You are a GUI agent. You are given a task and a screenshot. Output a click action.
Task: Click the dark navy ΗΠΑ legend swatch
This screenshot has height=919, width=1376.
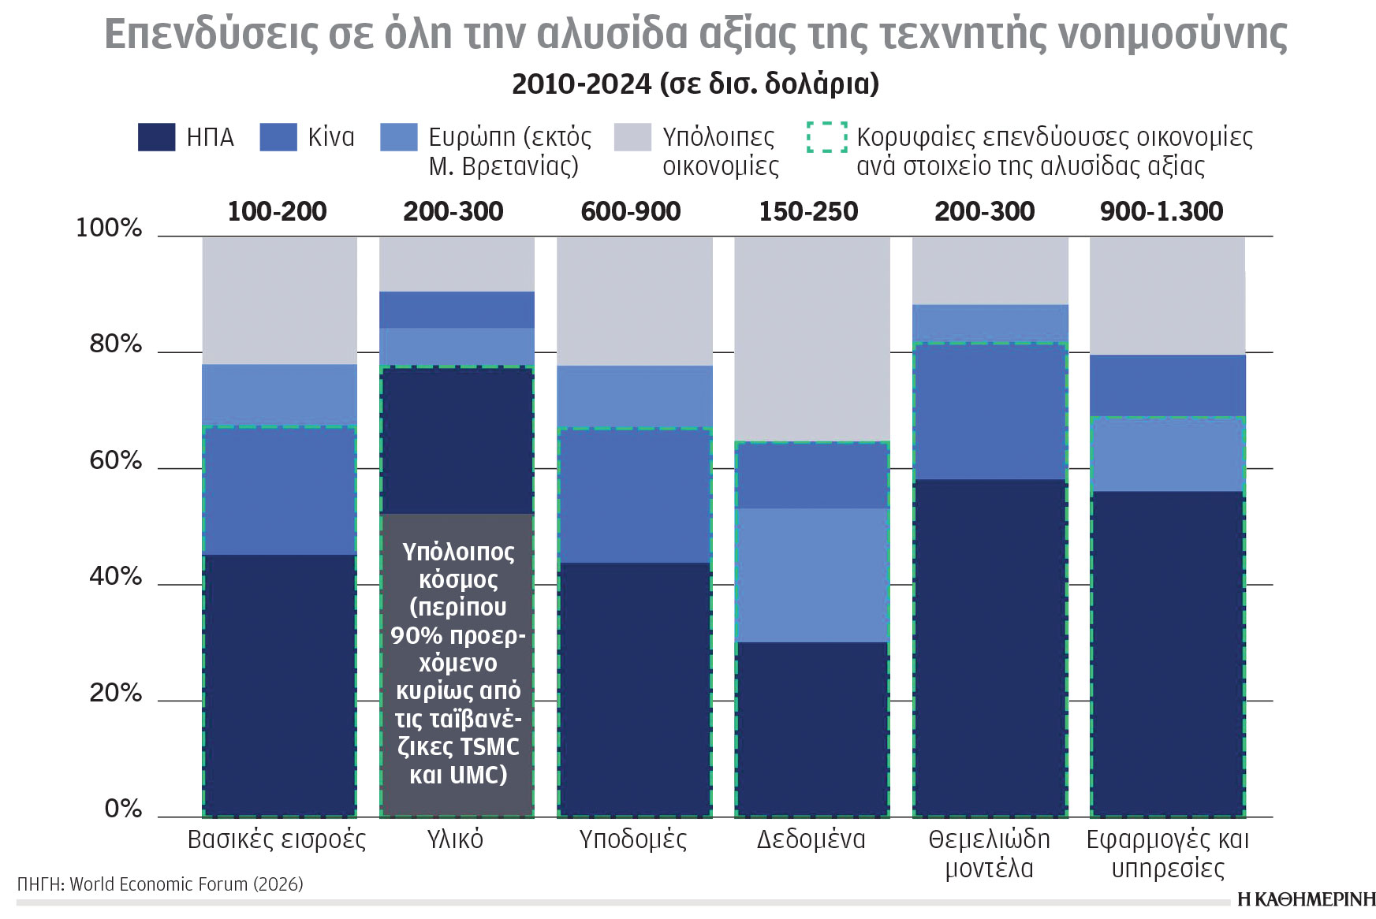pyautogui.click(x=156, y=136)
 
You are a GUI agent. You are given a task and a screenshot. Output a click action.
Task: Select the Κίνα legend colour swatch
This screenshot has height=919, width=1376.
pyautogui.click(x=278, y=136)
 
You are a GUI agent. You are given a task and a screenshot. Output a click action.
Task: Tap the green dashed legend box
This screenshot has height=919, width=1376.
pyautogui.click(x=826, y=136)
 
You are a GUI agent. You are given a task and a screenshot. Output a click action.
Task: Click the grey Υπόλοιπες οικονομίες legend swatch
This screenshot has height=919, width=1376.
pyautogui.click(x=632, y=136)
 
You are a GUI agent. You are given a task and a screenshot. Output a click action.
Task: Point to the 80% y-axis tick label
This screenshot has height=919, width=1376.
pyautogui.click(x=115, y=344)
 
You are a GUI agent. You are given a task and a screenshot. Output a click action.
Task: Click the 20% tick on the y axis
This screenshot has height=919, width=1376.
pyautogui.click(x=115, y=694)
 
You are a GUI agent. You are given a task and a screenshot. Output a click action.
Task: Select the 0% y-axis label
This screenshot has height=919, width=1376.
pyautogui.click(x=123, y=809)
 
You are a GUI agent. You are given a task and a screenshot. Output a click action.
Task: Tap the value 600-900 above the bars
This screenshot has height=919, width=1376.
pyautogui.click(x=630, y=211)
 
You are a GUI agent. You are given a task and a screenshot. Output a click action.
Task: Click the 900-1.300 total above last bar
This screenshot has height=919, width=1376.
pyautogui.click(x=1161, y=211)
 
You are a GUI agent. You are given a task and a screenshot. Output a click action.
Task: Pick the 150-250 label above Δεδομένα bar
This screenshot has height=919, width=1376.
pyautogui.click(x=808, y=211)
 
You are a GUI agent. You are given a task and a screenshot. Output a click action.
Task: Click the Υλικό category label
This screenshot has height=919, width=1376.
pyautogui.click(x=455, y=839)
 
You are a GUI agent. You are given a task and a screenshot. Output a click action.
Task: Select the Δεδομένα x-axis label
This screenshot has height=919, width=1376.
pyautogui.click(x=811, y=839)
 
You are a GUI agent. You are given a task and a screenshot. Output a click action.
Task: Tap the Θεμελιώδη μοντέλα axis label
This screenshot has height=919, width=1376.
pyautogui.click(x=989, y=854)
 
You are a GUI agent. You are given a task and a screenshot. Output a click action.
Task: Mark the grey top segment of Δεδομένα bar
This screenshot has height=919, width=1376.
pyautogui.click(x=812, y=339)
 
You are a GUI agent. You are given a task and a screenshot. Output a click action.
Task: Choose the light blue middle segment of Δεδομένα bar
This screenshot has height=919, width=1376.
pyautogui.click(x=812, y=575)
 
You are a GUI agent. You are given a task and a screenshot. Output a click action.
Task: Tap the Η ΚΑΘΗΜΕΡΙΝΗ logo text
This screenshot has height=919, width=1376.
pyautogui.click(x=1306, y=899)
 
